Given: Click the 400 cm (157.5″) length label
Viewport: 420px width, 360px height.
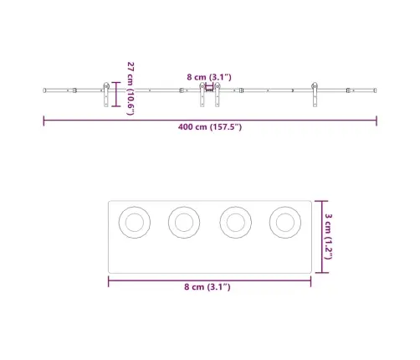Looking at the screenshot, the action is tap(210, 127).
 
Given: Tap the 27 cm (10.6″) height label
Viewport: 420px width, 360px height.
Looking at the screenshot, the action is tap(131, 89).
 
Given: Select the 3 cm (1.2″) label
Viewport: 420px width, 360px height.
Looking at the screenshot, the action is tap(328, 237).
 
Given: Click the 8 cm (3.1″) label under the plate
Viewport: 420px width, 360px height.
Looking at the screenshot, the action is tap(207, 287).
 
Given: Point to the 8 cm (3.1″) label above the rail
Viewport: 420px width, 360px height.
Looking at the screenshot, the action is tap(209, 77).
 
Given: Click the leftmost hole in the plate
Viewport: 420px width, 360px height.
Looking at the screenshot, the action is tap(135, 223).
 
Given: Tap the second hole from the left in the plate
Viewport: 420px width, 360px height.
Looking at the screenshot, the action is tap(184, 223).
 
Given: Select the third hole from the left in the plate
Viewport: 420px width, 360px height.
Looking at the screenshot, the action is tap(236, 223).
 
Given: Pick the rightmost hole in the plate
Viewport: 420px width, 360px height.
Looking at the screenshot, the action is tap(285, 223).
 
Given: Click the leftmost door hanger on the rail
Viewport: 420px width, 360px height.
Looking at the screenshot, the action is tap(106, 95).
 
